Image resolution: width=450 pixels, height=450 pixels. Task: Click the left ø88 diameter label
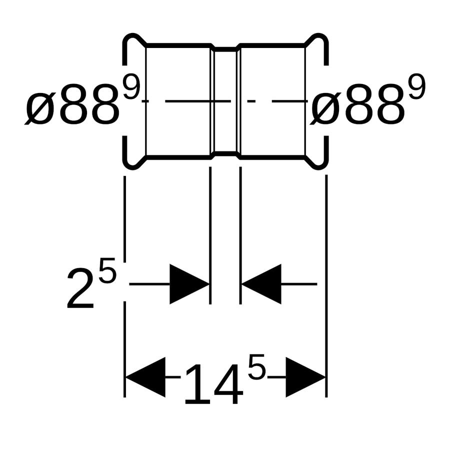click(71, 104)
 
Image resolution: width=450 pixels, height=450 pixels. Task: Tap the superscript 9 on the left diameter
click(131, 86)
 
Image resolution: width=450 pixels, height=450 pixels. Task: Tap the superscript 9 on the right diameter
click(416, 86)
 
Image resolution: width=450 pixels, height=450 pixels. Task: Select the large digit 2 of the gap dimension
click(80, 288)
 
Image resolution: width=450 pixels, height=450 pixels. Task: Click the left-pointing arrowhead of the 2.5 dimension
click(261, 284)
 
